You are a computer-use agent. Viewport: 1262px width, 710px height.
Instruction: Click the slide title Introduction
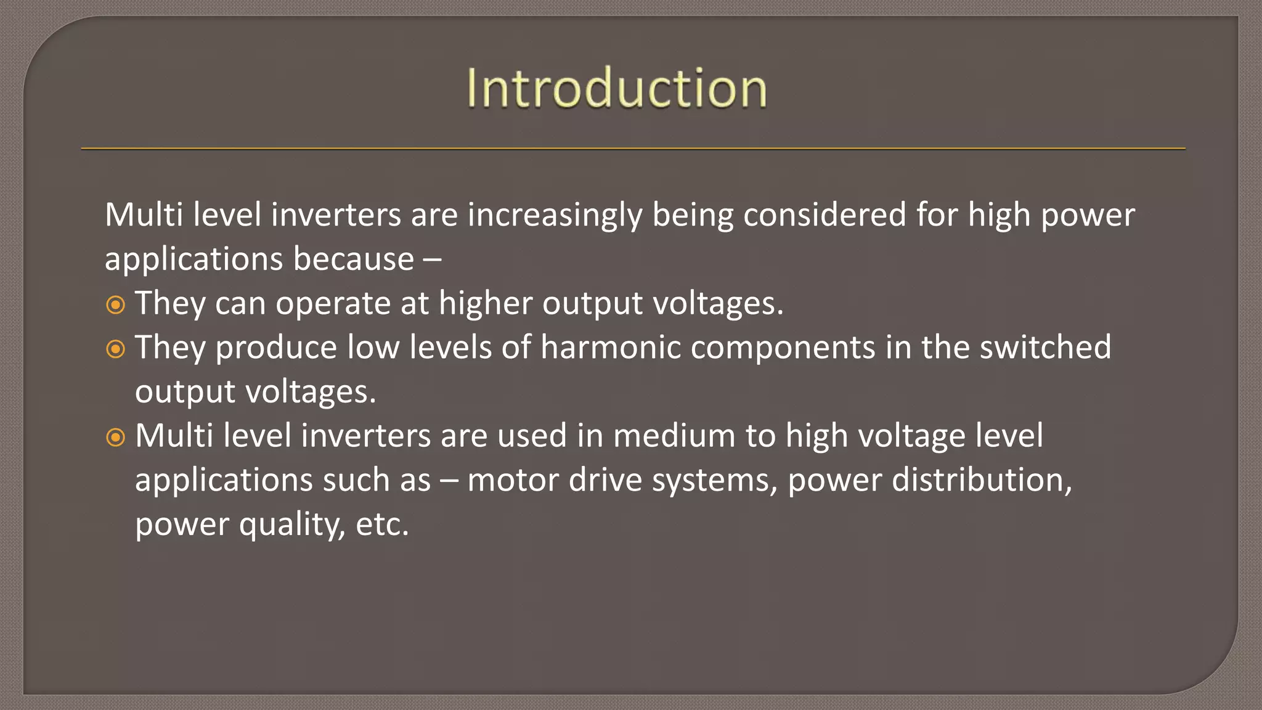click(x=617, y=89)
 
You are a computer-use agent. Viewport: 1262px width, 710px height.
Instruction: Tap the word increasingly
click(x=555, y=216)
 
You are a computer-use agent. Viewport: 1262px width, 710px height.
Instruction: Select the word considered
click(x=824, y=215)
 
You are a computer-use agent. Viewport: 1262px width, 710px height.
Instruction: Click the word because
click(x=353, y=259)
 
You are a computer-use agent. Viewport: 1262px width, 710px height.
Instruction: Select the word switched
click(x=1045, y=348)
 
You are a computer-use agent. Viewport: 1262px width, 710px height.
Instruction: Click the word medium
click(x=674, y=436)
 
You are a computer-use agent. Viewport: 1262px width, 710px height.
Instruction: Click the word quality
click(x=292, y=526)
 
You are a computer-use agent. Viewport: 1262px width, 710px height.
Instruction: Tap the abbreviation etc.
click(x=382, y=525)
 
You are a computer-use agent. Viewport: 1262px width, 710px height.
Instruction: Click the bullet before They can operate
click(x=115, y=305)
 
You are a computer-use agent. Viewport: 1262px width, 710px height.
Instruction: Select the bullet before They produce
click(x=115, y=349)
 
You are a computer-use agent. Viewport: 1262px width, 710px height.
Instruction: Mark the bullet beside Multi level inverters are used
click(x=115, y=438)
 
